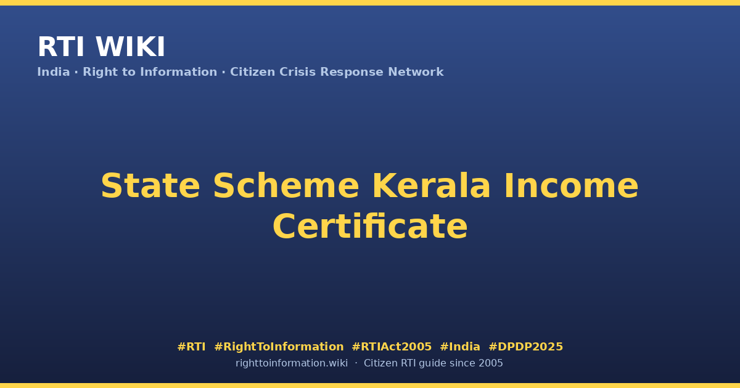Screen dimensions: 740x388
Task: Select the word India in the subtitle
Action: pyautogui.click(x=54, y=72)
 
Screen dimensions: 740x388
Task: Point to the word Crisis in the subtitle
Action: pyautogui.click(x=297, y=72)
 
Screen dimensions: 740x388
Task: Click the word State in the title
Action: pyautogui.click(x=150, y=186)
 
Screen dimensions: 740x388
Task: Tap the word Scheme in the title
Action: pyautogui.click(x=286, y=186)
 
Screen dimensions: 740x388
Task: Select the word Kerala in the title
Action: pyautogui.click(x=432, y=186)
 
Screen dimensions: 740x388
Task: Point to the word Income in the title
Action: pyautogui.click(x=571, y=186)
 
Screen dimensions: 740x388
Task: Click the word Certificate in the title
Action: pyautogui.click(x=370, y=227)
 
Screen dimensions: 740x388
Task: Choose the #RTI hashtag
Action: pyautogui.click(x=191, y=347)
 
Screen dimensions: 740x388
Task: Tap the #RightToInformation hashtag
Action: pyautogui.click(x=279, y=347)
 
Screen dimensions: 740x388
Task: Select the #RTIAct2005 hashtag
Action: pyautogui.click(x=392, y=347)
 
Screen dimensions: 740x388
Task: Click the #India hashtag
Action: pyautogui.click(x=460, y=347)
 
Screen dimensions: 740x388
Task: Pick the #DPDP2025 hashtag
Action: pyautogui.click(x=525, y=347)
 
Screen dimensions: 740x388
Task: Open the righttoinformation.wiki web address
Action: pyautogui.click(x=292, y=363)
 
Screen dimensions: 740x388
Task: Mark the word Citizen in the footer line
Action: pyautogui.click(x=380, y=363)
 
